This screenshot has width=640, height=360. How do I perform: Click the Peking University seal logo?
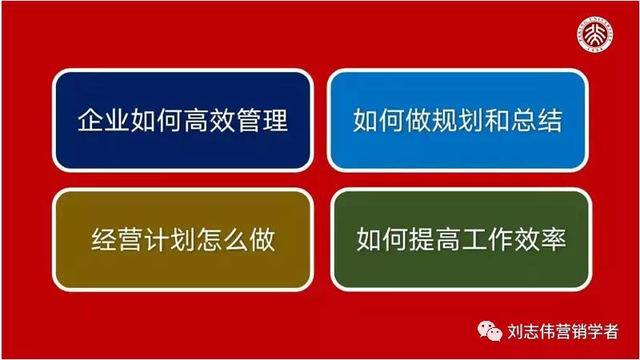click(x=599, y=34)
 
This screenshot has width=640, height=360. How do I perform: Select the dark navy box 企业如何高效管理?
click(x=182, y=120)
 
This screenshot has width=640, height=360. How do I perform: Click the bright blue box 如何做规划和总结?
click(x=458, y=120)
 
